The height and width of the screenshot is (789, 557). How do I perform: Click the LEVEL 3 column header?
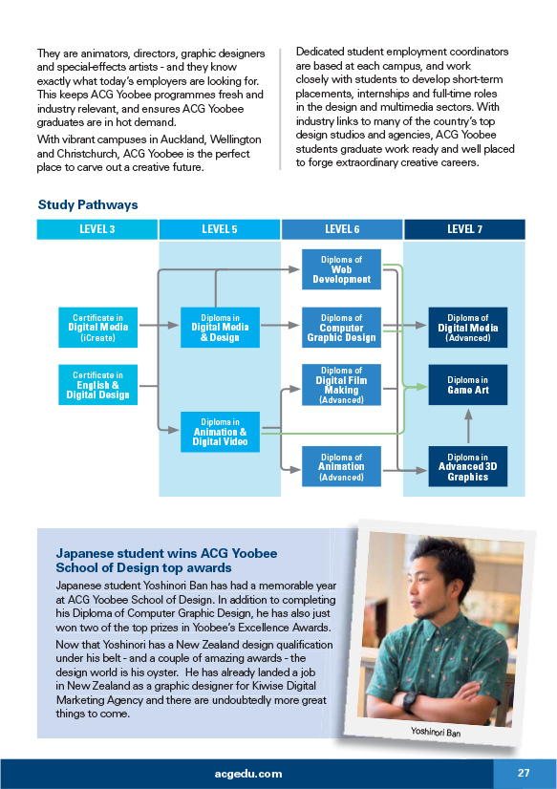97,229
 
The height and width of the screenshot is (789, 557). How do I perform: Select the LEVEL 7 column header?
464,229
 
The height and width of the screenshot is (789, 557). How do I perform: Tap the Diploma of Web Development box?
341,269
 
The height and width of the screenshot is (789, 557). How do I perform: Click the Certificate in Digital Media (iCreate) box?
97,327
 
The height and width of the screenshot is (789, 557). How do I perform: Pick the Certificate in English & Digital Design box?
97,385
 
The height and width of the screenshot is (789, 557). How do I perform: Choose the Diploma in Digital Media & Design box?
220,327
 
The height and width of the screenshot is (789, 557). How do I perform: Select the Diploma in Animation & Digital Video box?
220,432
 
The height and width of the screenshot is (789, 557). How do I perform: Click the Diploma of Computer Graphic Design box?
341,327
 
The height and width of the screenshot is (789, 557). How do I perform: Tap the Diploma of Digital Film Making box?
341,385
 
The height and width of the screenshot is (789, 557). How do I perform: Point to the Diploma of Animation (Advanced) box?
341,466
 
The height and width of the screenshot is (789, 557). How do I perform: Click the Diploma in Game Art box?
468,385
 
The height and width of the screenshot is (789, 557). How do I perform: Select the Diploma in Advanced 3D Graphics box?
468,466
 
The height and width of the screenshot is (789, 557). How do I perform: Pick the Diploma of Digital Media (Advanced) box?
468,327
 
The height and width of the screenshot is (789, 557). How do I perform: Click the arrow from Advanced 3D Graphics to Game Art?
468,426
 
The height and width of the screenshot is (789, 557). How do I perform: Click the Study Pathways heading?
88,204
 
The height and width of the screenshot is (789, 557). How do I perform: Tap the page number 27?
524,773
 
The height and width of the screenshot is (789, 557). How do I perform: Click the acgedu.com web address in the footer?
248,774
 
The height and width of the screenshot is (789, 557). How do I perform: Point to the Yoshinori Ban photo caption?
436,732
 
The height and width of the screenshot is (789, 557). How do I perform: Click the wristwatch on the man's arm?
410,700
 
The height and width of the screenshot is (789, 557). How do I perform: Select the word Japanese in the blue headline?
85,553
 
